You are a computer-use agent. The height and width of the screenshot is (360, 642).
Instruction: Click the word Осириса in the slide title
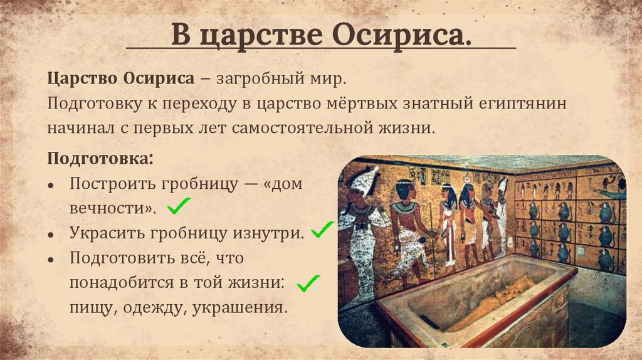coord(407,36)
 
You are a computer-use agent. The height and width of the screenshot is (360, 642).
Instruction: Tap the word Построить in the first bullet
coord(108,184)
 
